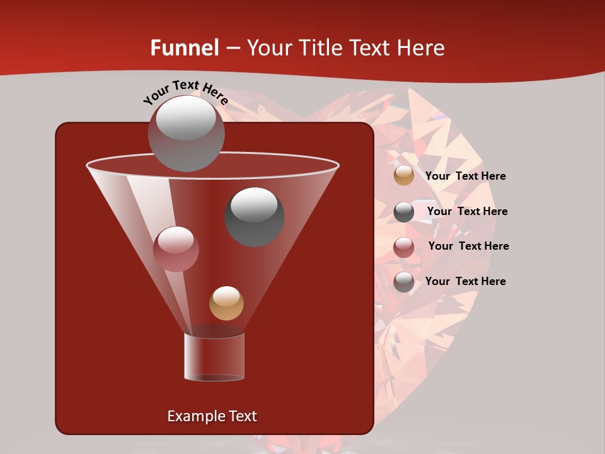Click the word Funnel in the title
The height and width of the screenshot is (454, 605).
coord(184,48)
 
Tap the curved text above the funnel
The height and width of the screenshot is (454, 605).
coord(185,92)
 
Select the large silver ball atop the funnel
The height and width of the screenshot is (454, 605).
coord(187,133)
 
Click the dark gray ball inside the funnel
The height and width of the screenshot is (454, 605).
coord(254,216)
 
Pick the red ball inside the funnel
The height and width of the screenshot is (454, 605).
coord(176,249)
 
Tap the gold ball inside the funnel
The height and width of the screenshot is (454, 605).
coord(226,303)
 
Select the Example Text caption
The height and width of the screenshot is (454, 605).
coord(212,416)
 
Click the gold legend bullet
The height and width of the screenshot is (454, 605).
coord(404,176)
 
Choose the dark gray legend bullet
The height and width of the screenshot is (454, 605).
coord(404,212)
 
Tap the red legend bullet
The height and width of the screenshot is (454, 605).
coord(404,247)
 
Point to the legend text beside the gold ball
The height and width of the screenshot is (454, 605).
coord(465,176)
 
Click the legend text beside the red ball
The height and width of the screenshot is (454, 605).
coord(468,246)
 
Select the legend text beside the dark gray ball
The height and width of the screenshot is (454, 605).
coord(467,211)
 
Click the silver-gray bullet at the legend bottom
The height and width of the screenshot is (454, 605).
coord(404,282)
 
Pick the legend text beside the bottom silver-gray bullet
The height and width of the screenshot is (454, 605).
coord(465,281)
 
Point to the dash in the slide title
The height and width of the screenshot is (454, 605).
coord(233,48)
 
